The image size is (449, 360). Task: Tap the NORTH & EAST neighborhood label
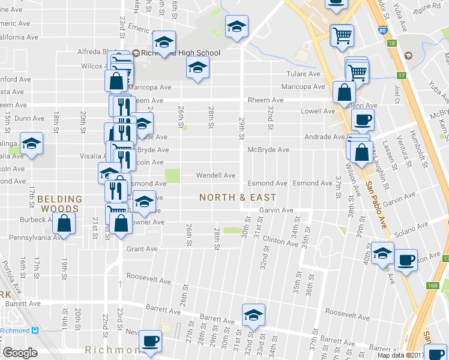pyautogui.click(x=238, y=197)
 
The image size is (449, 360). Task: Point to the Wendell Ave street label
pyautogui.click(x=217, y=176)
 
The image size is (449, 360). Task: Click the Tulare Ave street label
pyautogui.click(x=305, y=74)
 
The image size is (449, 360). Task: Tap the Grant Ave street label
pyautogui.click(x=142, y=249)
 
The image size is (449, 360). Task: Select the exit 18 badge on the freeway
pyautogui.click(x=391, y=43)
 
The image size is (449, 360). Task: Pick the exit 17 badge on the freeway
pyautogui.click(x=401, y=76)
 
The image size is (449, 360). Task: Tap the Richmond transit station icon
pyautogui.click(x=35, y=331)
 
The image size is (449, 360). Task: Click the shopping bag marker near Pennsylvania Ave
pyautogui.click(x=64, y=224)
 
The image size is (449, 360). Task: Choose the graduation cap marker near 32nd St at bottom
pyautogui.click(x=253, y=315)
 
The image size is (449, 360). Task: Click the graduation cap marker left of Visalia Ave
pyautogui.click(x=31, y=144)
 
